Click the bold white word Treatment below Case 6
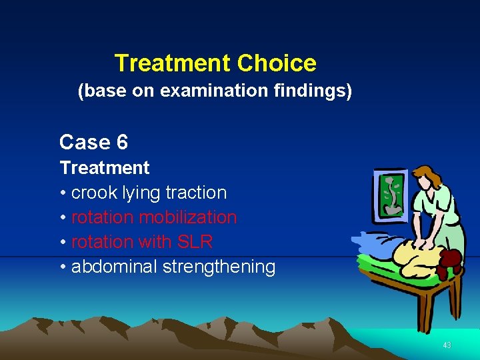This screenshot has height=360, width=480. [x=105, y=167]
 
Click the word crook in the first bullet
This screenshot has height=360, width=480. [x=93, y=193]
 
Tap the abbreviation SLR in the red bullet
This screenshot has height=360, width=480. [x=194, y=242]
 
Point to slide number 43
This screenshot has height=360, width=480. [x=447, y=345]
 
